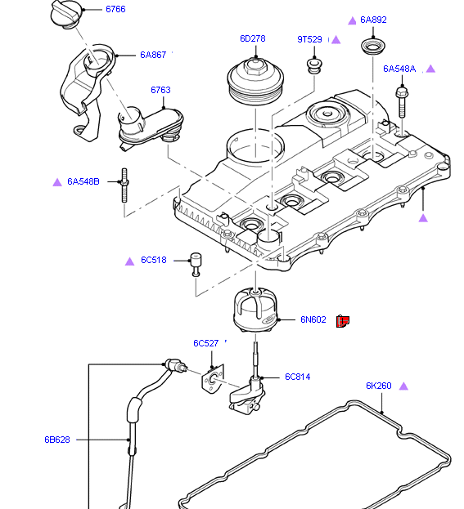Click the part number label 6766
[115, 9]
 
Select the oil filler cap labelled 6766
[65, 14]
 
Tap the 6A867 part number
[153, 55]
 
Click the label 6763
[160, 90]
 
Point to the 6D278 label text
[252, 38]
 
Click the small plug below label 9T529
[313, 64]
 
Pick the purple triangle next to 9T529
[336, 39]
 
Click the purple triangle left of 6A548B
[57, 181]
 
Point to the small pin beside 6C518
[196, 264]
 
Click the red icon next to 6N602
[344, 320]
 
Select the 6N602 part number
[313, 319]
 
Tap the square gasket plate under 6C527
[211, 380]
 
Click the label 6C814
[297, 377]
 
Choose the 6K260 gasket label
[379, 386]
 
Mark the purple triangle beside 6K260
[403, 386]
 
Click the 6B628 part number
[57, 440]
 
